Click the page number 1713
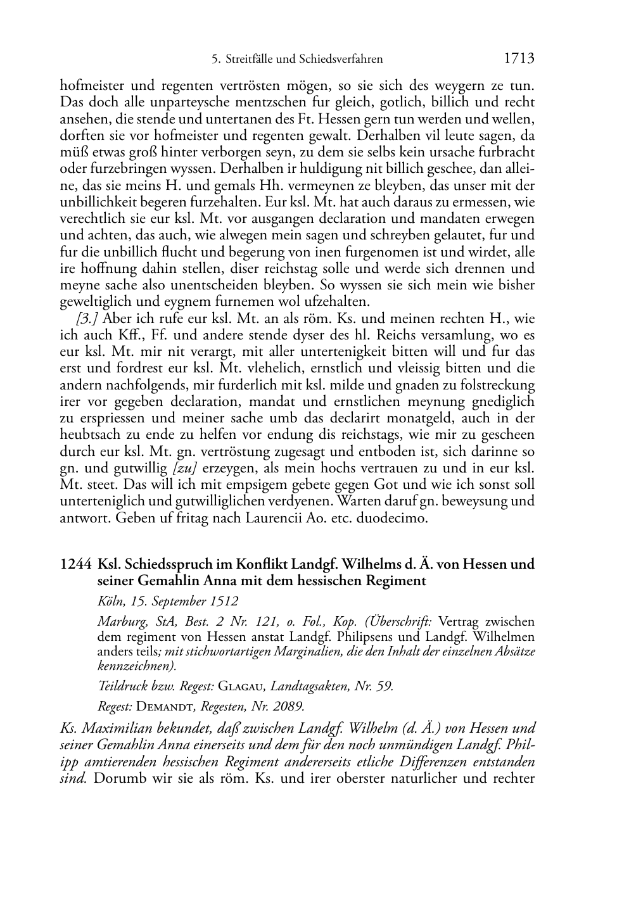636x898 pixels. coord(519,59)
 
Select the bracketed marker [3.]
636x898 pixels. coord(87,318)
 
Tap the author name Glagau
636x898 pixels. coord(242,685)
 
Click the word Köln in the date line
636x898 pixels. coord(110,601)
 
